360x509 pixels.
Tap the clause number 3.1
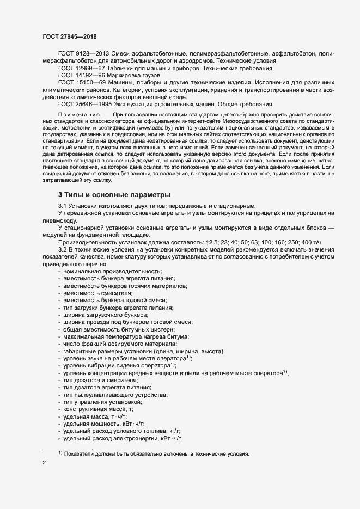63,205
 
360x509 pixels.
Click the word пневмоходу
59,220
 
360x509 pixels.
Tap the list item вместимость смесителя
97,293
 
